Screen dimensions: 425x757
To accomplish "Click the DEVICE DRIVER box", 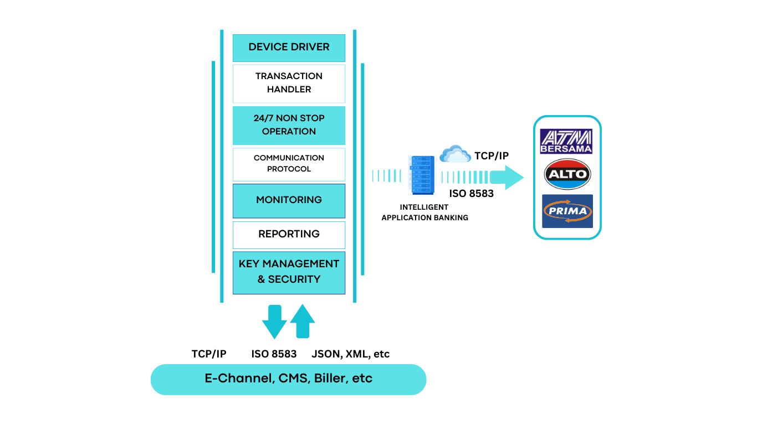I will click(x=289, y=48).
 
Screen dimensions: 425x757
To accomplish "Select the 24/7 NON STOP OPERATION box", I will click(x=289, y=125).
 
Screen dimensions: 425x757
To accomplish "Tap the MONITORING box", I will click(x=289, y=200).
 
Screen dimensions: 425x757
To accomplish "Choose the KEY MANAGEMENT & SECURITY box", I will click(x=289, y=272).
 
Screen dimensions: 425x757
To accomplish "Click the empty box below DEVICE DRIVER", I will click(x=289, y=84).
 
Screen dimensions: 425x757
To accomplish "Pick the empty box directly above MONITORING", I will click(x=289, y=164).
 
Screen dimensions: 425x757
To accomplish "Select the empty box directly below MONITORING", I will click(x=289, y=235).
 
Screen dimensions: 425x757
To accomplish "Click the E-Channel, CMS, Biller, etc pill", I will click(x=288, y=380).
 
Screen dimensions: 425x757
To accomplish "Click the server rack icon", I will click(x=422, y=176).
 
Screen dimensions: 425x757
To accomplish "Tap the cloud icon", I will click(x=455, y=154).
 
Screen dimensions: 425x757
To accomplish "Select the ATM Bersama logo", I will click(x=566, y=141).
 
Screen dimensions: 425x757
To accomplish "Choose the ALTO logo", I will click(x=567, y=174).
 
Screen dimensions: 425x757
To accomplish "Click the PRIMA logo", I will click(x=567, y=211).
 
